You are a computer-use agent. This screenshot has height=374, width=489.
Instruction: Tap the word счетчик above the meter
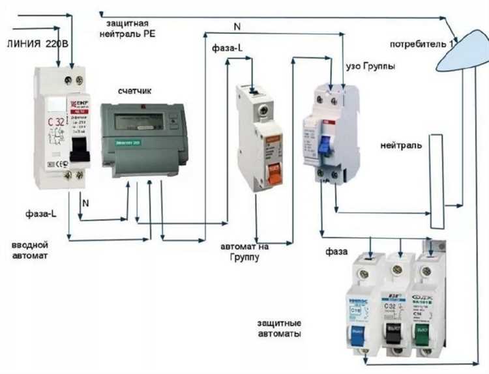(x=135, y=91)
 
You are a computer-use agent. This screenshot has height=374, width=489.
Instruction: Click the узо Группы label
(x=369, y=66)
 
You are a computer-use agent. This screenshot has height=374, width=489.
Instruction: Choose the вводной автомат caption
(x=31, y=250)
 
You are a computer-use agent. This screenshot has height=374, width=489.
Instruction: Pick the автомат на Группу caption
(x=244, y=252)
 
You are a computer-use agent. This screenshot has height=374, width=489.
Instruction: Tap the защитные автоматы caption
(x=278, y=328)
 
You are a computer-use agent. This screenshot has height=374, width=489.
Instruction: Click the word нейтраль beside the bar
(x=400, y=145)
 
